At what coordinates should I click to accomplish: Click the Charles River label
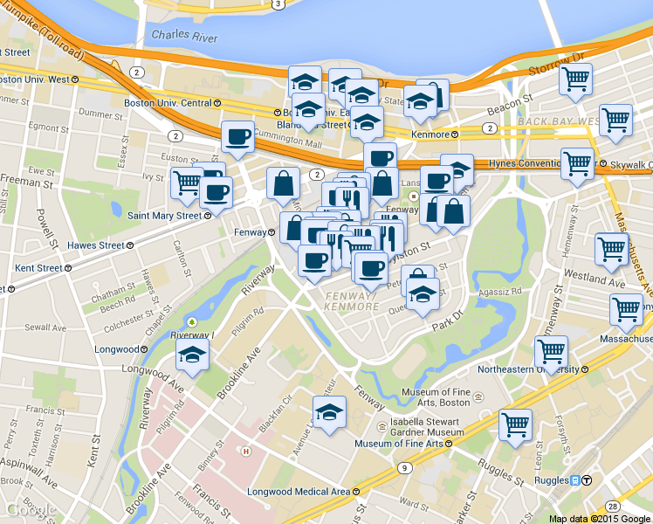click(x=183, y=36)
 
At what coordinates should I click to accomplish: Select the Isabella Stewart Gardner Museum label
click(x=421, y=425)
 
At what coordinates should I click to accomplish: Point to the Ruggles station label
click(x=554, y=479)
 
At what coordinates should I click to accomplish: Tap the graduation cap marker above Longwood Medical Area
click(x=329, y=411)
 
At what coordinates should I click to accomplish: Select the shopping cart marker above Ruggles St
click(x=516, y=425)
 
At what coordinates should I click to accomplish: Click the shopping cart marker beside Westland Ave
click(x=611, y=248)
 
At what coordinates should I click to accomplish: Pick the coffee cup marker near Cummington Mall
click(x=238, y=135)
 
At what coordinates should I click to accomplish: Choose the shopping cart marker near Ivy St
click(x=186, y=182)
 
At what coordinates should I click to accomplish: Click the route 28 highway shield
click(x=615, y=507)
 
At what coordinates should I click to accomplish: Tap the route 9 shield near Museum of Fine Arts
click(x=403, y=468)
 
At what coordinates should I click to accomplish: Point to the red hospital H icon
click(x=247, y=452)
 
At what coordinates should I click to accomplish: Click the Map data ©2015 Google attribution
click(x=600, y=518)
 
